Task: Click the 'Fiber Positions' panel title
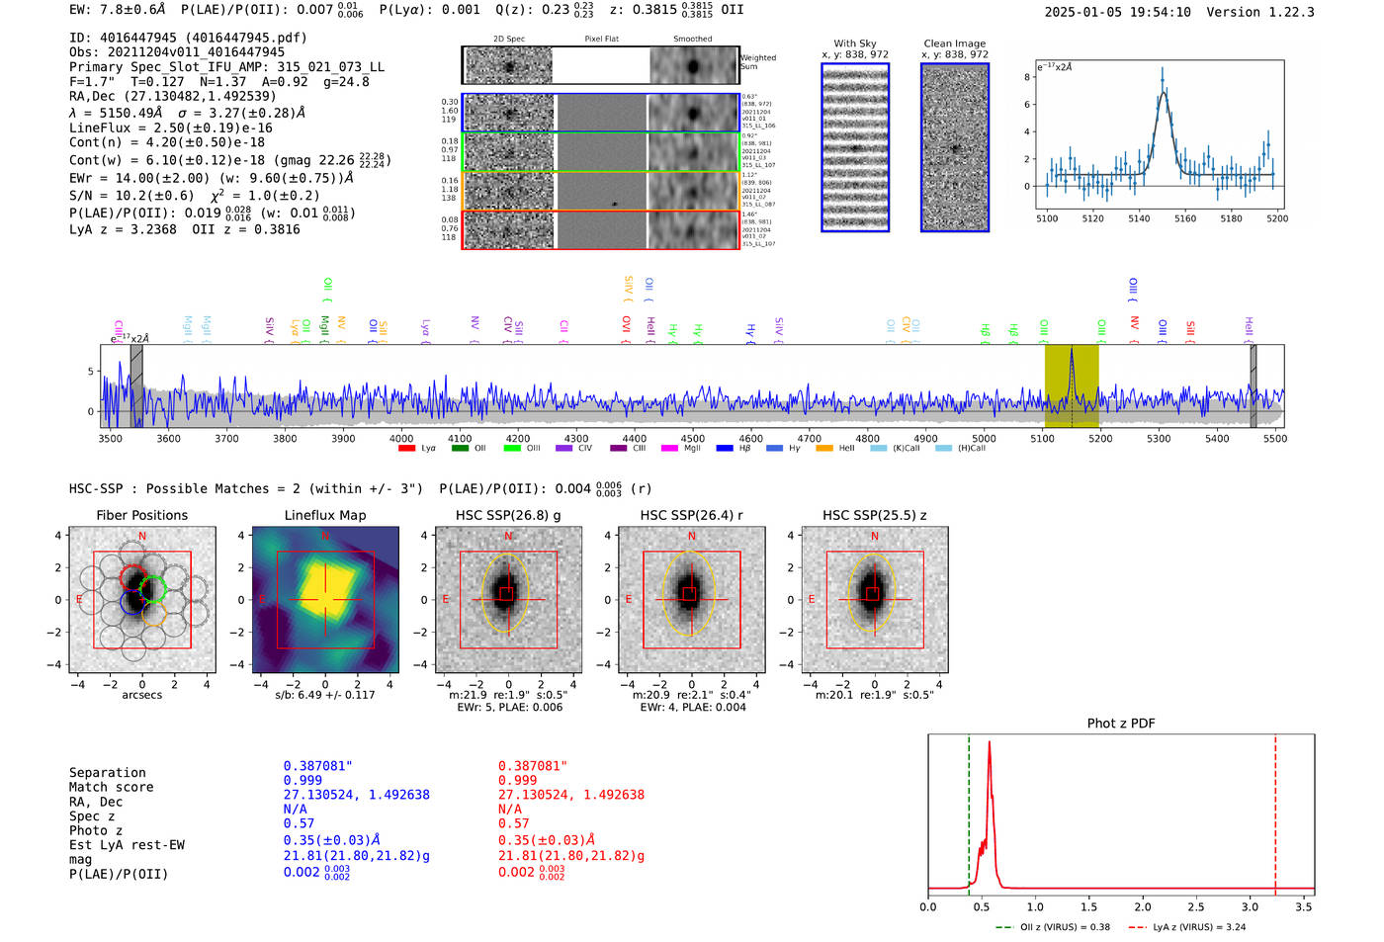pos(141,515)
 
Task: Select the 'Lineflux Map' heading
pos(325,515)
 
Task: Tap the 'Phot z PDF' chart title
pos(1121,724)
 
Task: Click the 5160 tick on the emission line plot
pos(1184,218)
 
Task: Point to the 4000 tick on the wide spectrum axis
pos(401,439)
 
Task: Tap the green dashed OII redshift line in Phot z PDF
pos(969,811)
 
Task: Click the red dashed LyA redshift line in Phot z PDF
pos(1275,811)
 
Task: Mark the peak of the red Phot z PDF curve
pos(990,742)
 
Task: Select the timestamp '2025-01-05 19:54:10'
pos(1117,12)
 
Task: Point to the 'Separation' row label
pos(107,773)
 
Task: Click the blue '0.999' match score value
pos(303,780)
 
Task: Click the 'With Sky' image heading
pos(855,43)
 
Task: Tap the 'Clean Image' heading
pos(955,43)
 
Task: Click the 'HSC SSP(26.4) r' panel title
pos(691,515)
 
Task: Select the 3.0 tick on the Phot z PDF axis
pos(1250,906)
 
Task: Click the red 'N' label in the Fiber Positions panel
pos(142,537)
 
